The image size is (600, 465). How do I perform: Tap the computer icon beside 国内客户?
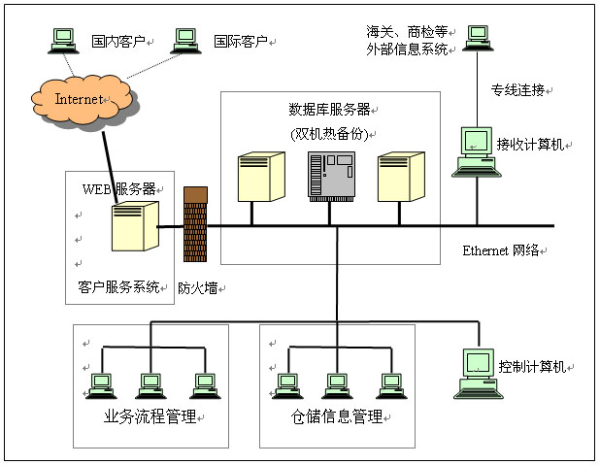(x=64, y=39)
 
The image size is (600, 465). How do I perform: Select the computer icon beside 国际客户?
(x=185, y=39)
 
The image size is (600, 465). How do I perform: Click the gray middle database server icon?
(x=330, y=176)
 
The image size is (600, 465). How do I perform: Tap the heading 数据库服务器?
(x=328, y=109)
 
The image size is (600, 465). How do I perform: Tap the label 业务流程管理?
(x=150, y=417)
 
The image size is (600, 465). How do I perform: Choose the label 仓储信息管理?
(x=337, y=417)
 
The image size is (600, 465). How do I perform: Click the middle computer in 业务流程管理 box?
(x=150, y=385)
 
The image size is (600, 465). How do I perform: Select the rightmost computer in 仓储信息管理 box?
(x=390, y=385)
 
